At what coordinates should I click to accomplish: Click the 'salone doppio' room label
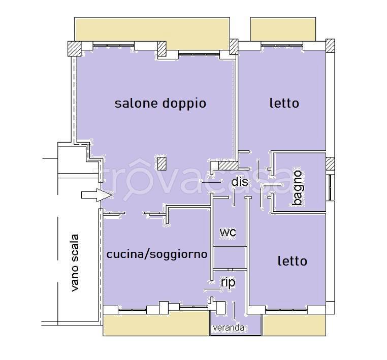click(160, 104)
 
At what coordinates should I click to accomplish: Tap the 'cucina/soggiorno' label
click(157, 254)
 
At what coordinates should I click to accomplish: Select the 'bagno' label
click(297, 188)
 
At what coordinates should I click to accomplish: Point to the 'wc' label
click(228, 232)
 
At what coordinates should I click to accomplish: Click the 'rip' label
click(228, 282)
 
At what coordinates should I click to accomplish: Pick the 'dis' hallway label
click(240, 182)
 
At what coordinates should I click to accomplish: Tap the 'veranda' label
click(229, 328)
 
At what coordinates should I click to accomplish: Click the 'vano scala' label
click(74, 263)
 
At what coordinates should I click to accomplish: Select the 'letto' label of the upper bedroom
click(284, 103)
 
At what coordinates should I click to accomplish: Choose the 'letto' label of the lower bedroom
click(293, 261)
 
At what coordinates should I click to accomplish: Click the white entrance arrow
click(97, 195)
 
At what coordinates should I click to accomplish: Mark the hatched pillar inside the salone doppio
click(162, 163)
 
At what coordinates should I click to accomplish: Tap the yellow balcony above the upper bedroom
click(283, 29)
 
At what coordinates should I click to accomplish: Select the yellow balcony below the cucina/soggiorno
click(156, 323)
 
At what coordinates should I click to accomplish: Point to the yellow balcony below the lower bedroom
click(294, 325)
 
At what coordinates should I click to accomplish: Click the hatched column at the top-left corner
click(75, 49)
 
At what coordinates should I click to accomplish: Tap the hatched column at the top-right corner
click(330, 46)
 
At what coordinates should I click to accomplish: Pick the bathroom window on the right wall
click(331, 188)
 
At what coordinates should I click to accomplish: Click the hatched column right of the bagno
click(330, 164)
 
